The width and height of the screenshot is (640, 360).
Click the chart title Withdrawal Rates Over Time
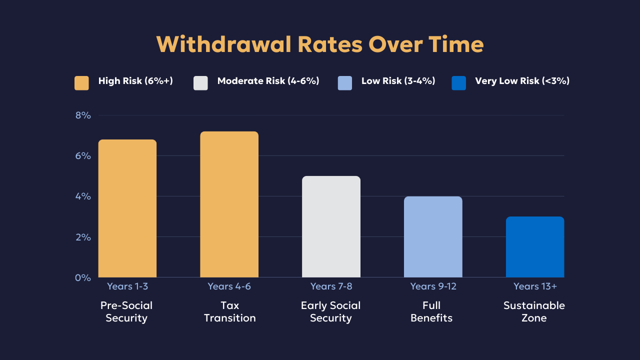coord(320,44)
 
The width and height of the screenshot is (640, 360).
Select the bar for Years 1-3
coord(127,208)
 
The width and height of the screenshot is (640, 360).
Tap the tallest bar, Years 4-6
coord(229,204)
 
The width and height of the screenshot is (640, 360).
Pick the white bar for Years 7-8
coord(331,226)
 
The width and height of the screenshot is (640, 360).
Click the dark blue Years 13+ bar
coord(535,247)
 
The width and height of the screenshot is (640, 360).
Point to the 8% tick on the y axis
coord(83,115)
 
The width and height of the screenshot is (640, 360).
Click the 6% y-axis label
coord(83,156)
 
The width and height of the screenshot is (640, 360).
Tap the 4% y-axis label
coord(83,196)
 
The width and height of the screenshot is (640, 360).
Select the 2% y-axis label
coord(83,237)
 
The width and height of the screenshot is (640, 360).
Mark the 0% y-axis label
coord(83,277)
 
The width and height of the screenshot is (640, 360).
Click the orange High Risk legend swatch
coord(81,83)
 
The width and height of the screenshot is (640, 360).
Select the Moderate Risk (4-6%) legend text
coord(268,81)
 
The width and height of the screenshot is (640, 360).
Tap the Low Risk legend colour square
coord(345,83)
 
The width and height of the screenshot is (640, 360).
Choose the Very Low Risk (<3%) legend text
coord(522,81)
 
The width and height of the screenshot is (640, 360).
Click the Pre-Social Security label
coord(126,311)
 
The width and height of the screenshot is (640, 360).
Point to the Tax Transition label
coord(229,311)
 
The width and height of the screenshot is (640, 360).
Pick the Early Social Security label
coord(330,311)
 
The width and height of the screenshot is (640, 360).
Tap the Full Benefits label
coord(431,311)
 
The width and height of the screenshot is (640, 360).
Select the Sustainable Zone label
coord(534,311)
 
